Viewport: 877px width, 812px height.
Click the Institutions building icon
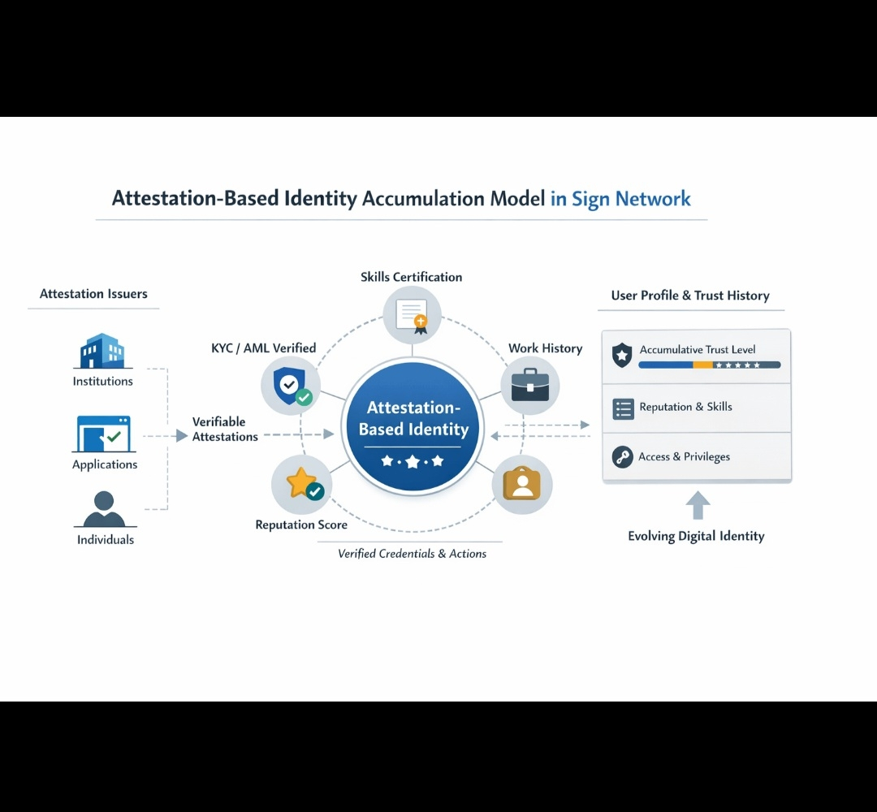[x=102, y=351]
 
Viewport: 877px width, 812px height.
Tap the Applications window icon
[x=103, y=434]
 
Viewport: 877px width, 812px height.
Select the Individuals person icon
[x=104, y=509]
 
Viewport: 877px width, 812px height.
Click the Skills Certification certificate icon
[x=412, y=315]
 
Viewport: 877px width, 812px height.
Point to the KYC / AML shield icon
[x=291, y=385]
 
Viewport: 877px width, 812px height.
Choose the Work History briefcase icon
[x=530, y=385]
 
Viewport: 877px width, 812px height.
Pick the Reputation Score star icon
[x=302, y=484]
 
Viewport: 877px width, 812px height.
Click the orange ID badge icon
[x=521, y=484]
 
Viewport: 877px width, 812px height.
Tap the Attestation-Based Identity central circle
[x=413, y=428]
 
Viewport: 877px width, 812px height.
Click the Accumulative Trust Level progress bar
[x=709, y=365]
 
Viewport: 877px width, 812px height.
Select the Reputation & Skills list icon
[x=623, y=408]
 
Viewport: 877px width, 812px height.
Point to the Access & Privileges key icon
[x=623, y=457]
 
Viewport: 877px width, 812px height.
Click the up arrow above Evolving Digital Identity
[x=698, y=505]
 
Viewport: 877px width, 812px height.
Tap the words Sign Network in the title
[x=620, y=199]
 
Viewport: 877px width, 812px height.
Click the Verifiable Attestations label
[x=225, y=429]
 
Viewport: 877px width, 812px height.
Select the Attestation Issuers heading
[x=93, y=294]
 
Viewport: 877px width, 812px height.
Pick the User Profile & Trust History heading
[x=690, y=296]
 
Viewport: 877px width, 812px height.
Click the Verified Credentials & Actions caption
[x=412, y=554]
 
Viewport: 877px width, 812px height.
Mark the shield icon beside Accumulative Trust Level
[x=622, y=355]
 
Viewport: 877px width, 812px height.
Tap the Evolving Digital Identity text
[x=696, y=536]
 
